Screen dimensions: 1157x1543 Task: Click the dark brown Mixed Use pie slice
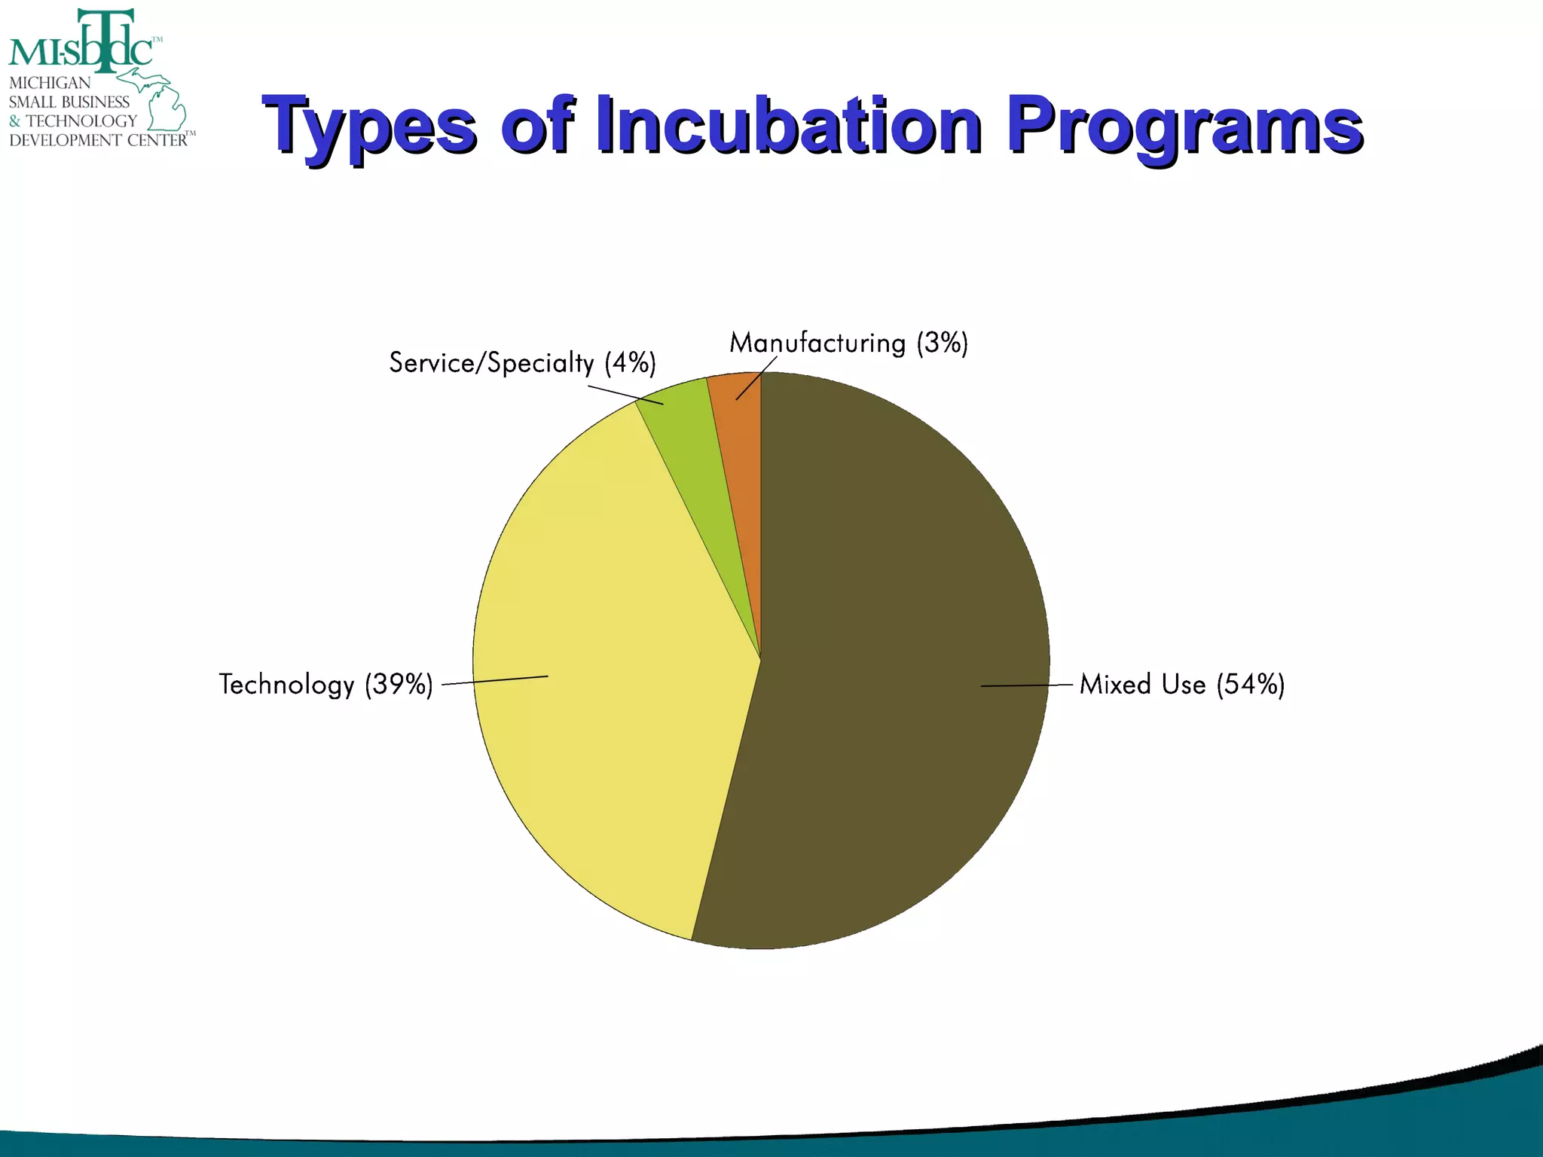coord(904,640)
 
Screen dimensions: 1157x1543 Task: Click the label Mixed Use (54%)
coord(1181,685)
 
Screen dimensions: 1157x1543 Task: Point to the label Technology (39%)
coord(326,685)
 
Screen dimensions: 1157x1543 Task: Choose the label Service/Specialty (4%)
coord(522,363)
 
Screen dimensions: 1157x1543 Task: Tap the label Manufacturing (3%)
coord(848,343)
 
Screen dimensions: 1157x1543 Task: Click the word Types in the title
coord(369,124)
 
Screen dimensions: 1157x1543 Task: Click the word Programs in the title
coord(1184,124)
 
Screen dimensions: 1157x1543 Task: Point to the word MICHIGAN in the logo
coord(50,83)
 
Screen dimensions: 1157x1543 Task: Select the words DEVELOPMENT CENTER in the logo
coord(98,140)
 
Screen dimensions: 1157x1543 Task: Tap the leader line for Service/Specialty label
coord(625,395)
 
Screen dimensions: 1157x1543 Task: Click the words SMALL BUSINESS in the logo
coord(69,102)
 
